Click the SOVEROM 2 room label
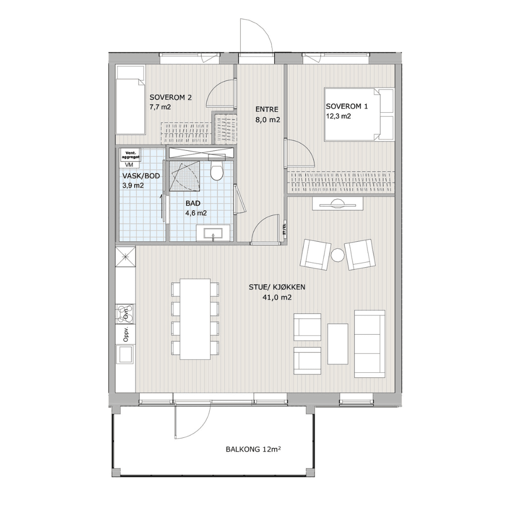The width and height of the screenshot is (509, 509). click(x=171, y=98)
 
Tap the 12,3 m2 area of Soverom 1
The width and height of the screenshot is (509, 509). click(x=338, y=116)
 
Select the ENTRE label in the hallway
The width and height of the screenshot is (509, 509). click(x=267, y=109)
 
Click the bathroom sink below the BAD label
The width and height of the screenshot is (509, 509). click(x=213, y=234)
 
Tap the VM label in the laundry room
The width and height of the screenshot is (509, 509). click(x=129, y=164)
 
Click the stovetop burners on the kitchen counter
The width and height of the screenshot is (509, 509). click(x=125, y=313)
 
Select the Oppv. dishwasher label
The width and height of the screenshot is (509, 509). click(x=126, y=334)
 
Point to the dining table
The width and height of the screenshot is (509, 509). click(x=196, y=319)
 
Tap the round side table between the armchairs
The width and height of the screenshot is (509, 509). click(x=337, y=254)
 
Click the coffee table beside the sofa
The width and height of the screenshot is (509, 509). click(x=337, y=344)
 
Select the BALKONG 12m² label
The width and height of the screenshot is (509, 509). click(x=253, y=449)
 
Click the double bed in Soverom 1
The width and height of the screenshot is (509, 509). click(x=359, y=114)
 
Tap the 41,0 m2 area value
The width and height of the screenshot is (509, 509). click(x=277, y=297)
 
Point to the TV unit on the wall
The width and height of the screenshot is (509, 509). click(x=337, y=205)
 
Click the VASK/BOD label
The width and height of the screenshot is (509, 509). click(x=141, y=176)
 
